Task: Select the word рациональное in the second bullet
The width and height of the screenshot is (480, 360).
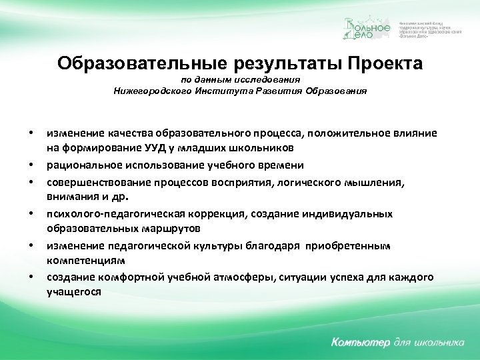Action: [x=79, y=164]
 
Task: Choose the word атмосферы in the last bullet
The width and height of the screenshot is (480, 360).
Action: [x=242, y=277]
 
